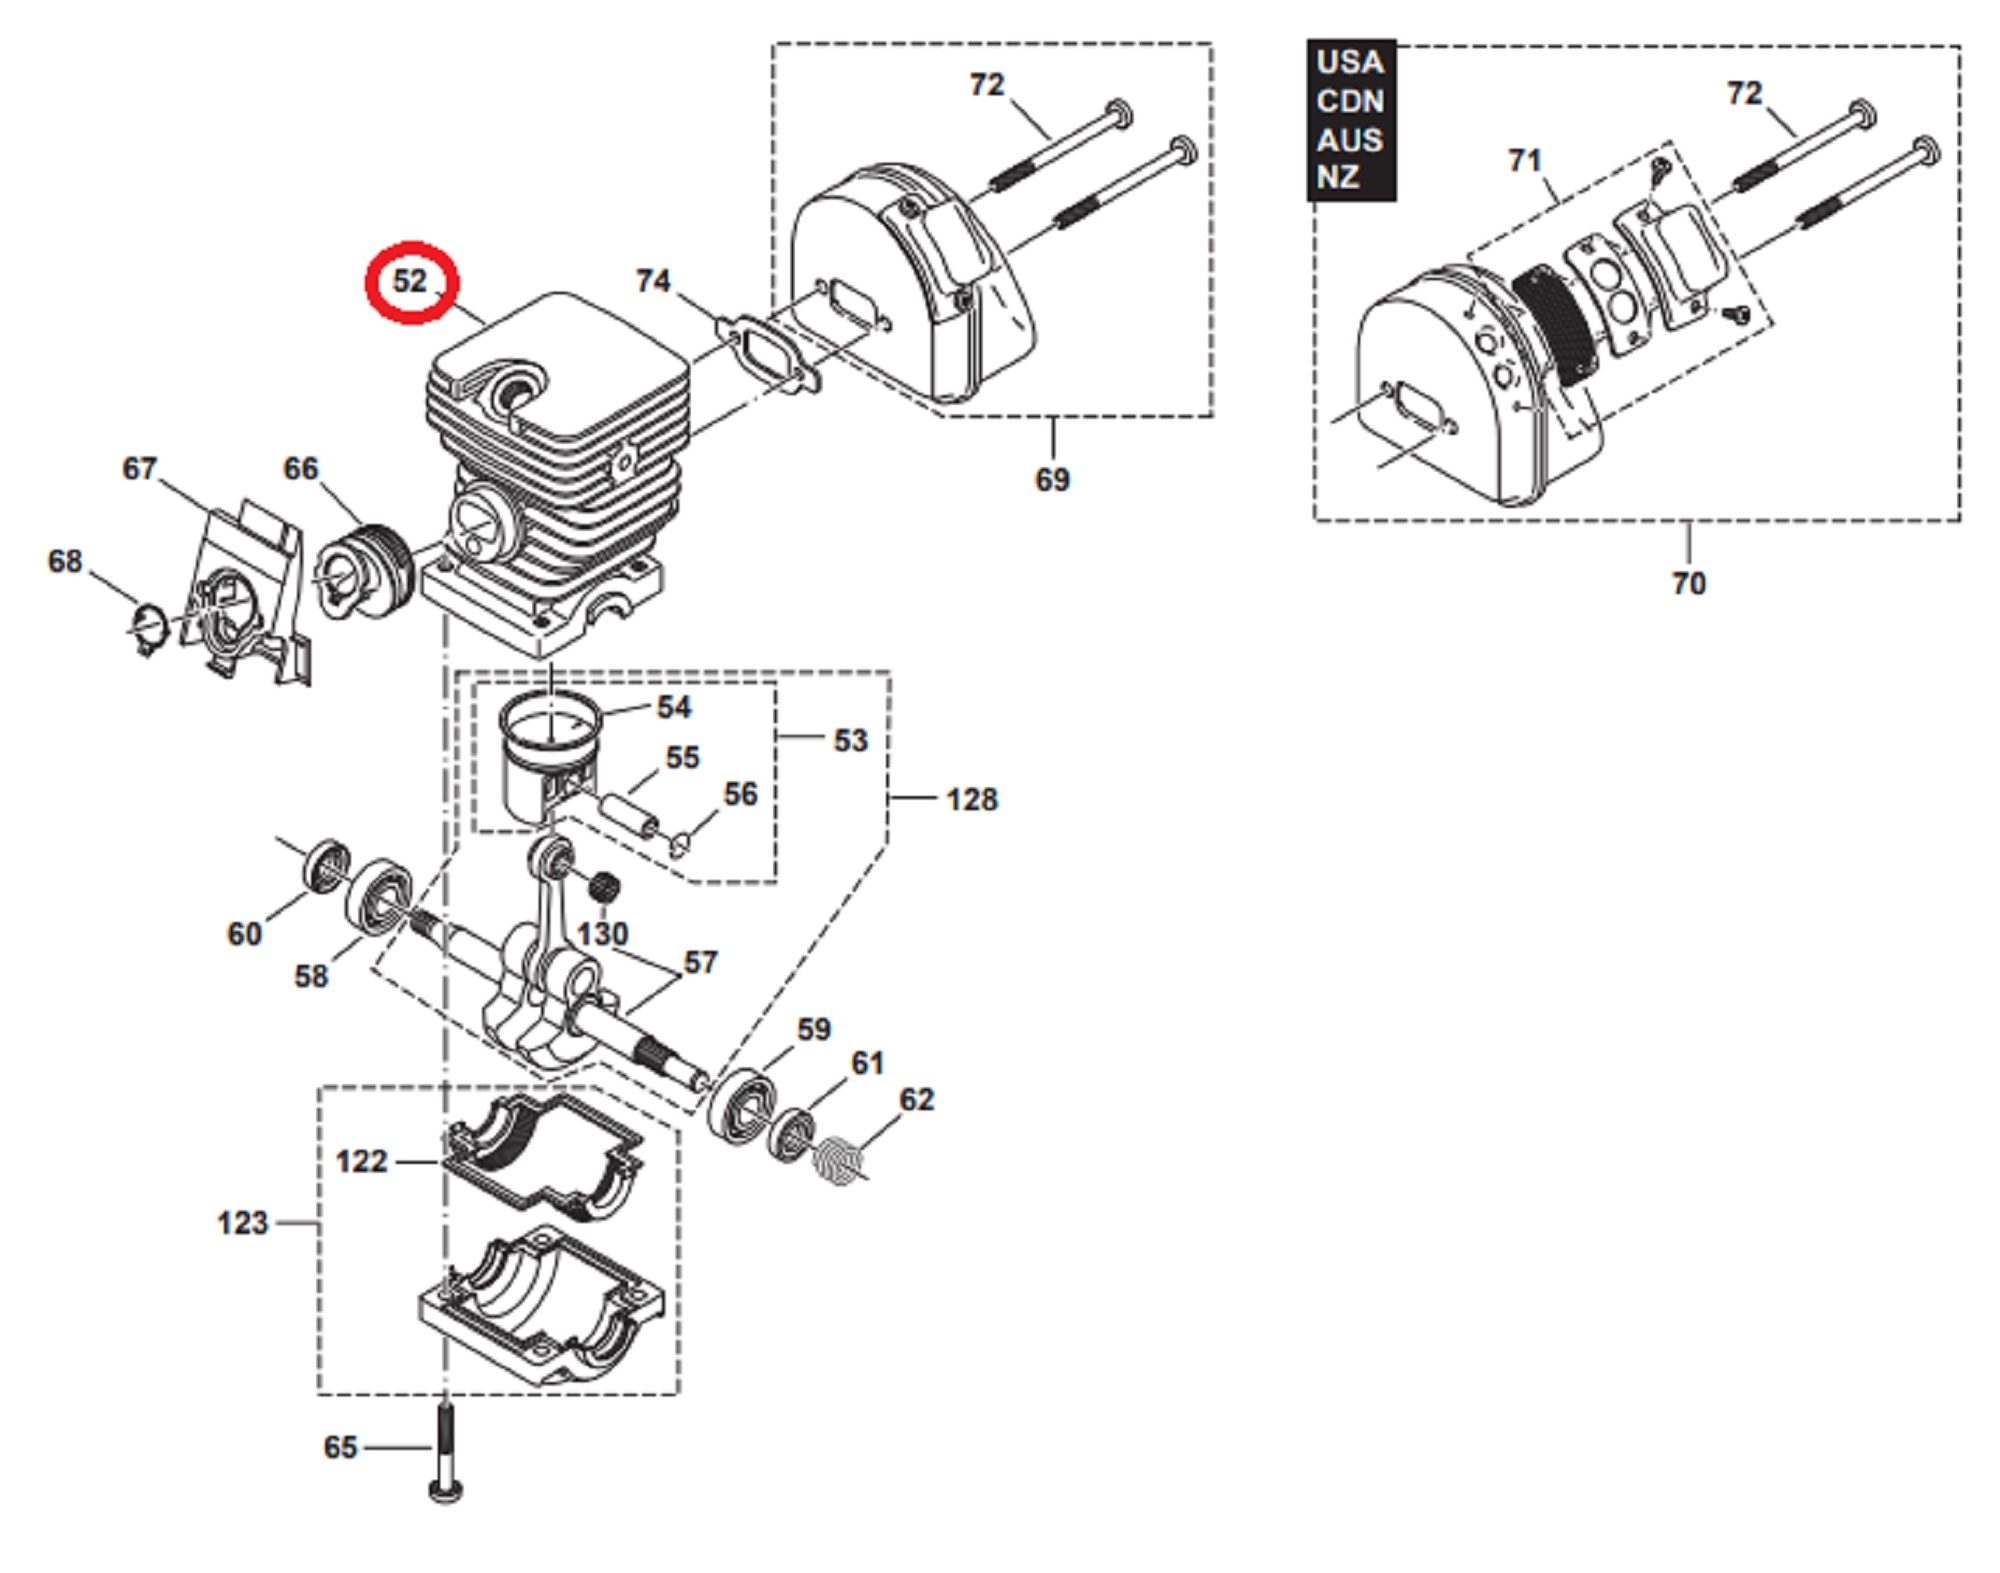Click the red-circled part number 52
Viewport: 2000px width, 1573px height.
pyautogui.click(x=410, y=281)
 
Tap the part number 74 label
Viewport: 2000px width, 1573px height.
pyautogui.click(x=653, y=281)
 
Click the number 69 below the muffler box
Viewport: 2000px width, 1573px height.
pyautogui.click(x=1052, y=480)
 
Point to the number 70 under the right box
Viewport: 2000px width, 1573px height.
pyautogui.click(x=1688, y=583)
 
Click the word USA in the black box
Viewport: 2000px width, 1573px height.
pyautogui.click(x=1350, y=62)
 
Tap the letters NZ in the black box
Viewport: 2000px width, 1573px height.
pyautogui.click(x=1337, y=178)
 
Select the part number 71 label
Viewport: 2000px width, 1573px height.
pyautogui.click(x=1525, y=160)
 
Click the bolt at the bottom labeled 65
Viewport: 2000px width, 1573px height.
pyautogui.click(x=445, y=1449)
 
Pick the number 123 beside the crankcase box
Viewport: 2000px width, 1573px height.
pyautogui.click(x=243, y=1223)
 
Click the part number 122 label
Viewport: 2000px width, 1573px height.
pyautogui.click(x=361, y=1161)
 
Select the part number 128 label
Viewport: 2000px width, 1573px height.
pyautogui.click(x=972, y=799)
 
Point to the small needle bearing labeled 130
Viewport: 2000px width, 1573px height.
pyautogui.click(x=603, y=885)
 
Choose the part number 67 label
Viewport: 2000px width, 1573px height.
pyautogui.click(x=140, y=468)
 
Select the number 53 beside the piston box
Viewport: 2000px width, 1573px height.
pyautogui.click(x=851, y=740)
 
